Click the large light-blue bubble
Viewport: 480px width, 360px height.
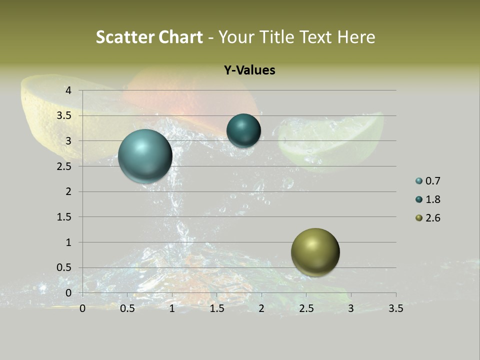tap(145, 156)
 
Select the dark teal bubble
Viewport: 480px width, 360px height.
tap(243, 130)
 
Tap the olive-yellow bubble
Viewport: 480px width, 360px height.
tap(315, 252)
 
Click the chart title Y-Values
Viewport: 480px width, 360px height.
tap(249, 70)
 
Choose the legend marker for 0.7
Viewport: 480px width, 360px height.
tap(419, 181)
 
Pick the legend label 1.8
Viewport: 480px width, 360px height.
tap(432, 199)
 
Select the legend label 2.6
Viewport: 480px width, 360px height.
tap(432, 218)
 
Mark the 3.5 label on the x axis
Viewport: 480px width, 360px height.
tap(395, 308)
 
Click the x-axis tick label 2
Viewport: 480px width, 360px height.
tap(261, 308)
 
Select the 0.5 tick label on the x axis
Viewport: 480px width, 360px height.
tap(127, 308)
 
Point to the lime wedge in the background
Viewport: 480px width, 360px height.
tap(332, 142)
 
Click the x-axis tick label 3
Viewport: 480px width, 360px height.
tap(351, 308)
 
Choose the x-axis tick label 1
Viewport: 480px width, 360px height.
tap(172, 308)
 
